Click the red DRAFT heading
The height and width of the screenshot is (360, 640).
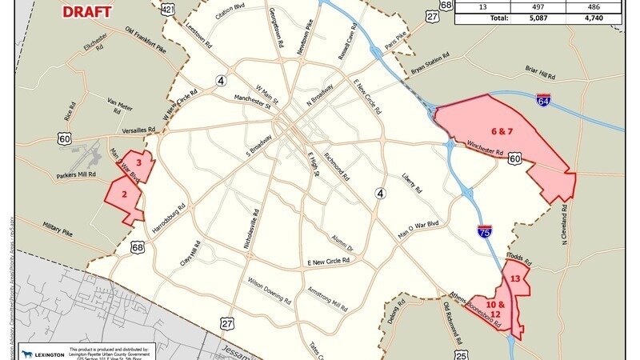87,11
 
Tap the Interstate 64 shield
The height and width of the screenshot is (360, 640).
544,102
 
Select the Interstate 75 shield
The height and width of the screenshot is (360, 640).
486,231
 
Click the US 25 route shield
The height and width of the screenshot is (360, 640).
460,354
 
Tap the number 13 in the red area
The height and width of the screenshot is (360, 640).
516,278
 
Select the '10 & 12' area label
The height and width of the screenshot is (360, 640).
496,310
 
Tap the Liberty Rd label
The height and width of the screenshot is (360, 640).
410,182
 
